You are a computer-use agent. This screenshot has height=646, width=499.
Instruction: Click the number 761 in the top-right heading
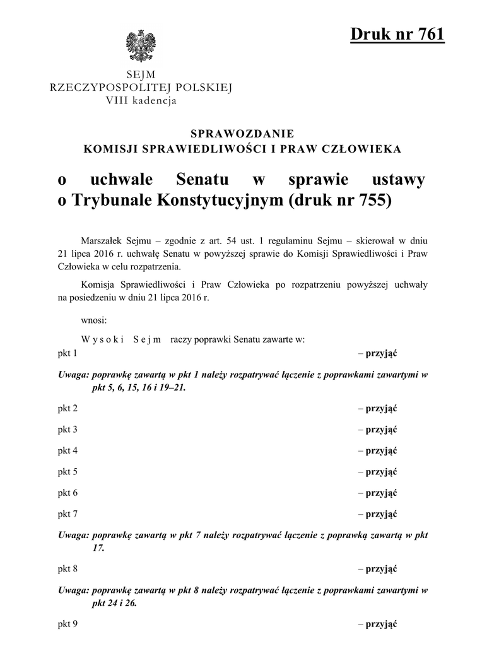(425, 35)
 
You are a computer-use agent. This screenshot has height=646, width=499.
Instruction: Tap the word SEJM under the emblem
(141, 75)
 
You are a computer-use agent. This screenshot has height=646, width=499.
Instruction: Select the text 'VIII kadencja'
(141, 100)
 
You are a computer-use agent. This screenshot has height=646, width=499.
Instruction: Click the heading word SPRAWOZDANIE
(242, 133)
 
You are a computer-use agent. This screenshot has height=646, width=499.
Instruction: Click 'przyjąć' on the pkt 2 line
(381, 408)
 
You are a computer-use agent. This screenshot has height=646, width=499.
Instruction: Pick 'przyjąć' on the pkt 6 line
(381, 493)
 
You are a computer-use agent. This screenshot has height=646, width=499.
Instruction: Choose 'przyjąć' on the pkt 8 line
(381, 569)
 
